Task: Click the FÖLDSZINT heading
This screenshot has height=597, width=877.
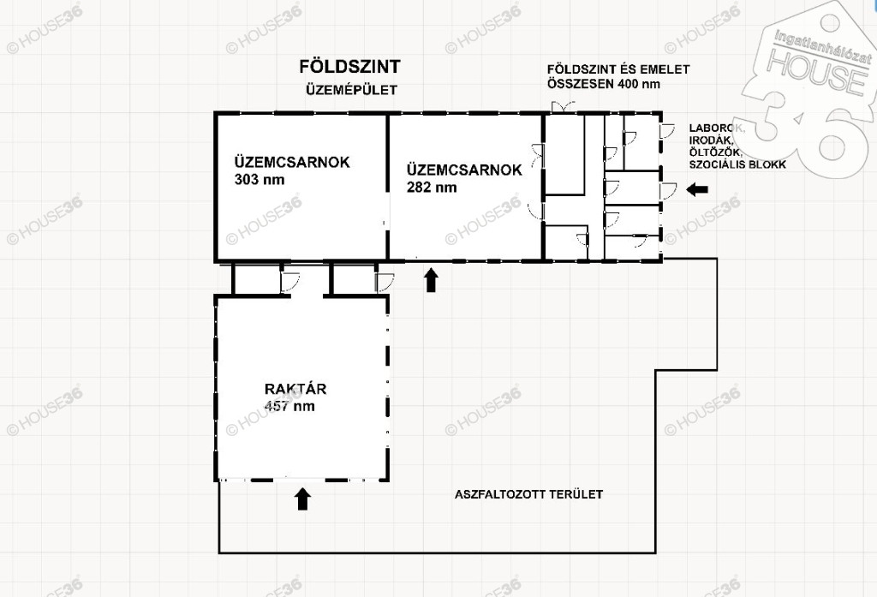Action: tap(349, 67)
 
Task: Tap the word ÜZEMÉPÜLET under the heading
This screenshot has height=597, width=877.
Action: tap(351, 90)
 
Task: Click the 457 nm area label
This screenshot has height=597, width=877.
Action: tap(289, 406)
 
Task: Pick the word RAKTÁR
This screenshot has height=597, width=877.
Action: tap(295, 389)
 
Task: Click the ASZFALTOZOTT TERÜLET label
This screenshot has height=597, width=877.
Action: tap(528, 494)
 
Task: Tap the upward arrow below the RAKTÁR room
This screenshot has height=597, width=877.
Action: tap(302, 499)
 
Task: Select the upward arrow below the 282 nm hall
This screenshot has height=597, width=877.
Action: tap(431, 280)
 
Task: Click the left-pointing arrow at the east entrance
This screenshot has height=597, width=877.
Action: tap(697, 189)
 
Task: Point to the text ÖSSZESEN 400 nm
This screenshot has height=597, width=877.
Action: tap(604, 85)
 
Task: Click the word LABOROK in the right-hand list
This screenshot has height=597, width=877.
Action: tap(717, 128)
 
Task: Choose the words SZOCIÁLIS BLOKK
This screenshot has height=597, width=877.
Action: tap(737, 164)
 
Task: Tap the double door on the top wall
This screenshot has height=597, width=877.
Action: tap(563, 107)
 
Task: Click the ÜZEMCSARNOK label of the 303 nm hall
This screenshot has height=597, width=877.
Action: tap(292, 162)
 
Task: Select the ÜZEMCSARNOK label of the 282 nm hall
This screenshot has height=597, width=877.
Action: tap(464, 170)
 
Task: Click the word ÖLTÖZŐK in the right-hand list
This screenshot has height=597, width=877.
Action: tap(715, 152)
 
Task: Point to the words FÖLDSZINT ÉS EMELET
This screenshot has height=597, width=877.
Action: tap(618, 69)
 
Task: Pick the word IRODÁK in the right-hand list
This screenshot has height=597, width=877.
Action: tap(711, 140)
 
